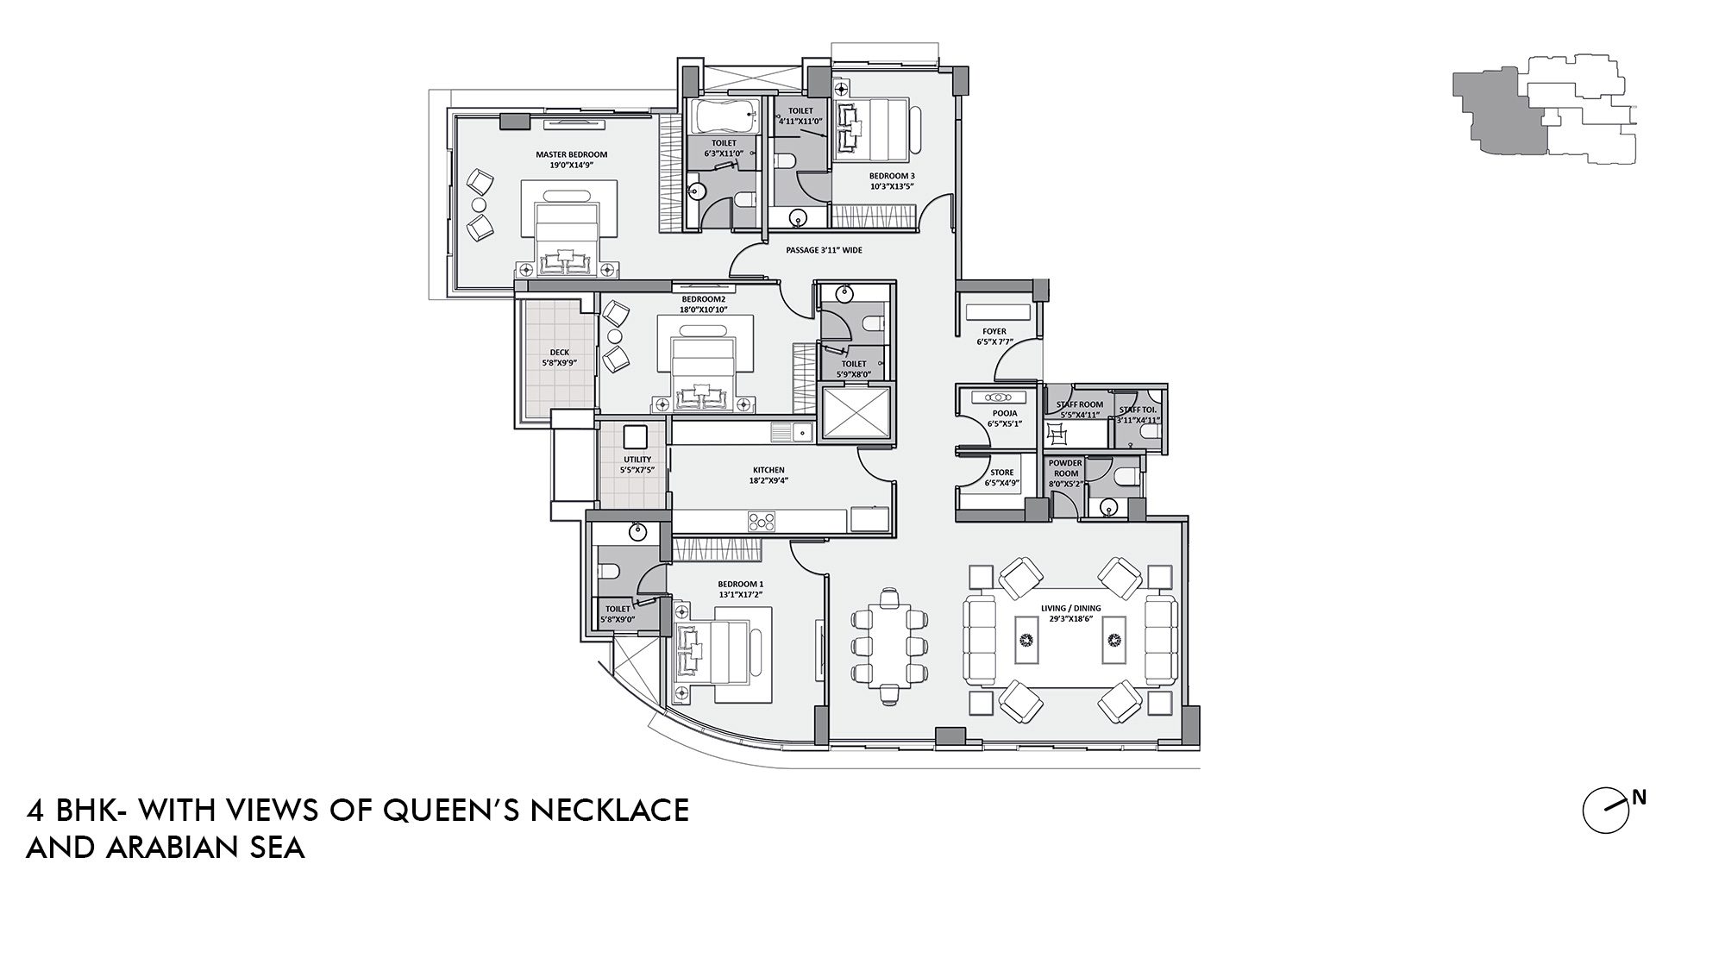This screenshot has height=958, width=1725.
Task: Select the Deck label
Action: (560, 353)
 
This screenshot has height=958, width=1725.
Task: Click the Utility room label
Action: (637, 460)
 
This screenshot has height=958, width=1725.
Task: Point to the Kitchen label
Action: (768, 470)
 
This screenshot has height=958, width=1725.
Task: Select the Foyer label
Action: (994, 331)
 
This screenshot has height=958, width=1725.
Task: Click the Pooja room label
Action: (1005, 413)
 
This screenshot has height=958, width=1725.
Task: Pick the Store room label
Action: (1001, 473)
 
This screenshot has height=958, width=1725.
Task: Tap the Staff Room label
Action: (1079, 404)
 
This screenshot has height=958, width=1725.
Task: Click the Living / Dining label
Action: (1069, 608)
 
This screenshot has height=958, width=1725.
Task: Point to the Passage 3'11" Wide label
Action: (824, 250)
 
